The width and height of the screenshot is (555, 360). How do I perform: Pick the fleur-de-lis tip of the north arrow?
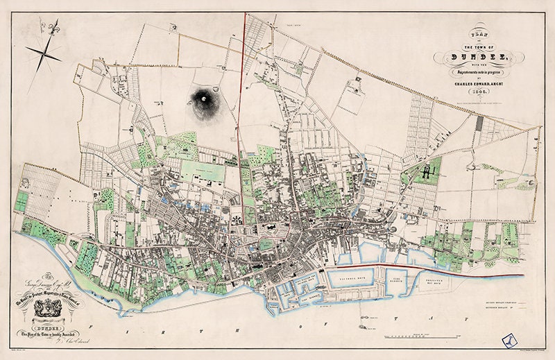point(54,28)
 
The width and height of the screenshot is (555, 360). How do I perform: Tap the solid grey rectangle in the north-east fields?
point(479,123)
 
